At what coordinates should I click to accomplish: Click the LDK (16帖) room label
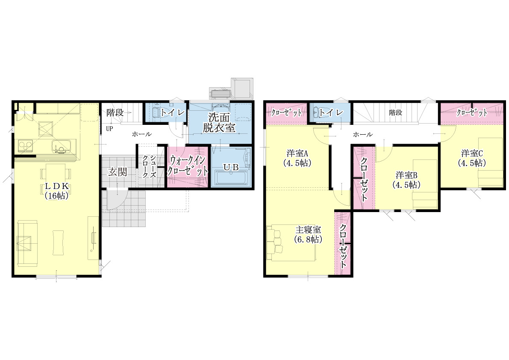point(56,191)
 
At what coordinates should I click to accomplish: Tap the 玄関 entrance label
point(117,172)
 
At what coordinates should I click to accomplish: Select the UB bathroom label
point(231,168)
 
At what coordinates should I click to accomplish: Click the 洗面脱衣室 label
point(219,122)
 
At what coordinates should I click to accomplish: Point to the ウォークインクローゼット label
point(187,165)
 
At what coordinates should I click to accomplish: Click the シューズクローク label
point(149,166)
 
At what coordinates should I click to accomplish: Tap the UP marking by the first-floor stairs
point(109,129)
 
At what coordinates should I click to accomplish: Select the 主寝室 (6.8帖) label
point(308,235)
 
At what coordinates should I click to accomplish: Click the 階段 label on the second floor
point(396,112)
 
